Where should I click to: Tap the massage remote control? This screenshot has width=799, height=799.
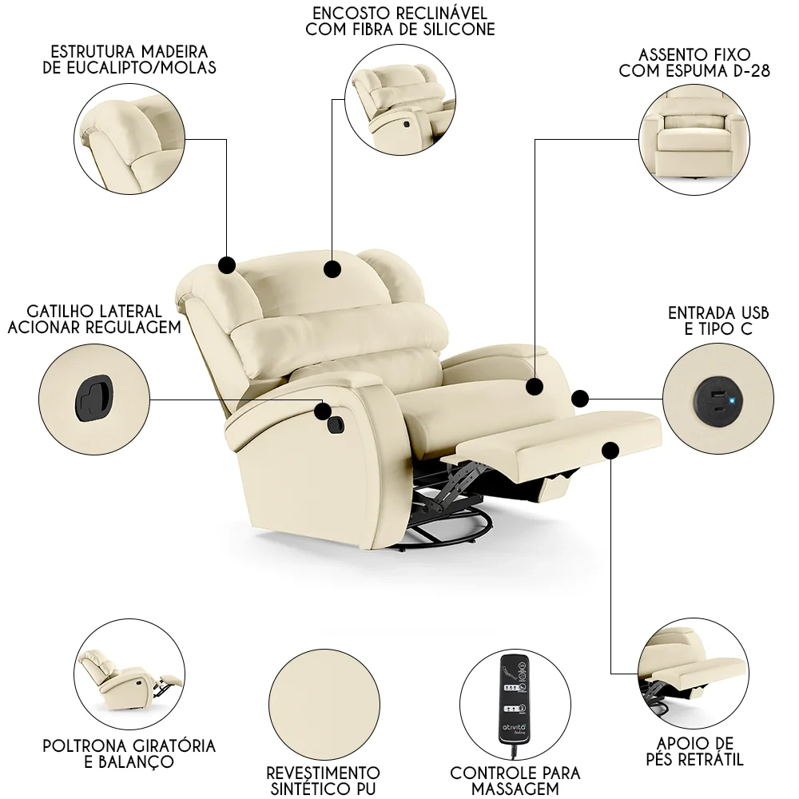(x=515, y=700)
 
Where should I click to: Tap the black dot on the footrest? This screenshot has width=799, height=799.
(x=611, y=451)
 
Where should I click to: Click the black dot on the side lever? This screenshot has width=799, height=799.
(x=323, y=411)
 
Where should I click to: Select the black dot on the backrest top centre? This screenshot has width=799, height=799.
(x=332, y=268)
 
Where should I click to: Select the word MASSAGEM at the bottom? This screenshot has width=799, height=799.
(x=515, y=789)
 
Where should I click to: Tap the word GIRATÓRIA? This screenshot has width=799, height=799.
(x=164, y=745)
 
